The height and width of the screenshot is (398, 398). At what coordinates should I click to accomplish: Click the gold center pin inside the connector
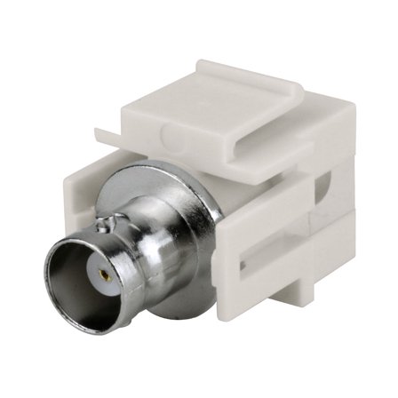[105, 275]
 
